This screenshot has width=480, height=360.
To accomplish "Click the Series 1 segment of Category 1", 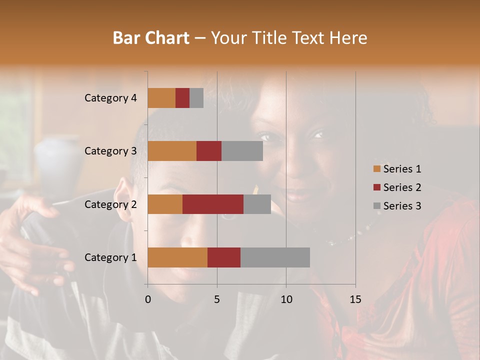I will [177, 257].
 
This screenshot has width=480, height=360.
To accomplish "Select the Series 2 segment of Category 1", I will [224, 257].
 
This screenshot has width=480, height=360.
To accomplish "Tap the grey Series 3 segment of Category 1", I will [275, 257].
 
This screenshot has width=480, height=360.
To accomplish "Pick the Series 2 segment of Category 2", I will [213, 204].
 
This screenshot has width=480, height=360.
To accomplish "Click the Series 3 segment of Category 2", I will [257, 204].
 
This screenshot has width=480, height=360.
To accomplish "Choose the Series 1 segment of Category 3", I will [172, 151].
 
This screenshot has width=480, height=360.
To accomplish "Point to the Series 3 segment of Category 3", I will [242, 151].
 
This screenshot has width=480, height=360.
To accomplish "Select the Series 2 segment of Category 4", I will [182, 98].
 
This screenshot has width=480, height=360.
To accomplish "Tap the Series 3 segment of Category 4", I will [196, 98].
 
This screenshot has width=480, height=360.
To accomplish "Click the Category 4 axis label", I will [110, 98].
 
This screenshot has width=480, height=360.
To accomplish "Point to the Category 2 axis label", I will [110, 204].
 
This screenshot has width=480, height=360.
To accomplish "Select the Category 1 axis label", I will [110, 257].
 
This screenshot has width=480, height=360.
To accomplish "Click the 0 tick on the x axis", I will [148, 299].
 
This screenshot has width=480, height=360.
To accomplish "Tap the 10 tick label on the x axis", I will [286, 299].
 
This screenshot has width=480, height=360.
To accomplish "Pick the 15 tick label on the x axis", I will [355, 299].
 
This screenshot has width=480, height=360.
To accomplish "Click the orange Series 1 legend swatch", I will [377, 169].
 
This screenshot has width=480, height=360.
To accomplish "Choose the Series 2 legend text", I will [402, 187].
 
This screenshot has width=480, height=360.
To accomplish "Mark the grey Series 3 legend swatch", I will [377, 206].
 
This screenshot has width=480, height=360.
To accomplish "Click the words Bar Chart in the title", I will [151, 37].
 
